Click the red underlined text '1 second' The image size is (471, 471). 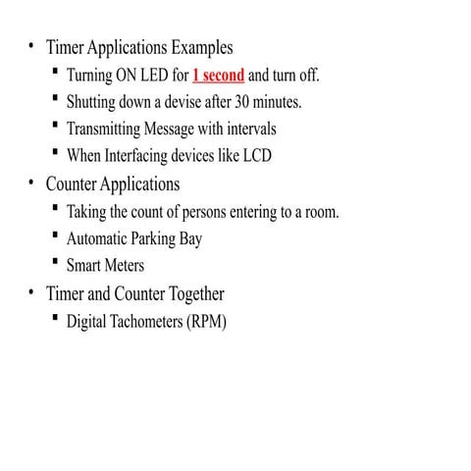[x=218, y=76]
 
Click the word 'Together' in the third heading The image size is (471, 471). [x=193, y=293]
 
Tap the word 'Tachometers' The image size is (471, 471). [x=146, y=321]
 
